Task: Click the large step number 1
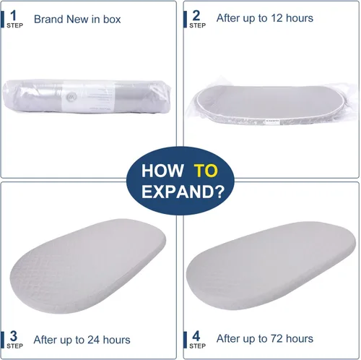click(x=14, y=16)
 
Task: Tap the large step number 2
click(x=196, y=16)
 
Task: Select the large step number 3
click(x=14, y=336)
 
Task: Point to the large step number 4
click(x=196, y=336)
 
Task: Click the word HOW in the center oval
click(x=162, y=171)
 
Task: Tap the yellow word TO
click(x=206, y=171)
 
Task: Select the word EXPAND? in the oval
click(x=183, y=192)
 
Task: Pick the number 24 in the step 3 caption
click(x=94, y=340)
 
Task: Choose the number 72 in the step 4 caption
click(x=277, y=339)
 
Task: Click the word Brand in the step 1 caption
click(x=49, y=20)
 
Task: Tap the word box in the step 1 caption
click(x=112, y=20)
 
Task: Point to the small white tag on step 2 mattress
click(x=272, y=121)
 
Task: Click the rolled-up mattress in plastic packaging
click(x=87, y=96)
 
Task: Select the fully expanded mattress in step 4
click(x=271, y=265)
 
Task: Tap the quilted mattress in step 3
click(x=88, y=266)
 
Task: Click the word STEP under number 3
click(x=15, y=346)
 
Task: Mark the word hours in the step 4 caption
click(x=300, y=339)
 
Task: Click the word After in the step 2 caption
click(x=229, y=18)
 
